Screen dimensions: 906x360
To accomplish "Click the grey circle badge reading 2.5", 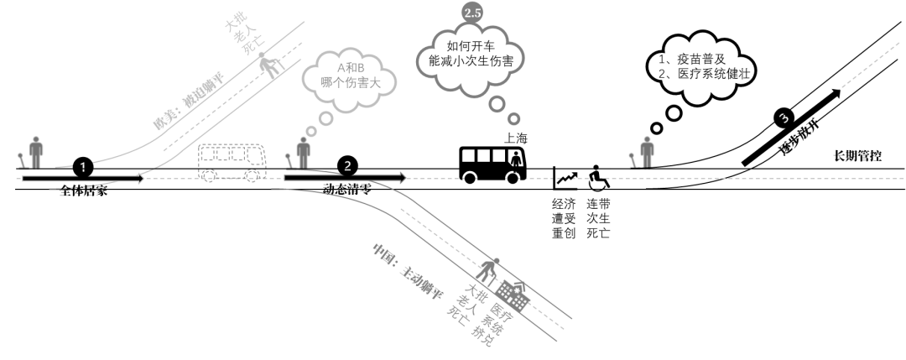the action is [x=472, y=12].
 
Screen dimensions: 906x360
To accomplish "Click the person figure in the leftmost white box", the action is [x=35, y=151].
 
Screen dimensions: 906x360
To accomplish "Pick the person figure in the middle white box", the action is [x=303, y=151].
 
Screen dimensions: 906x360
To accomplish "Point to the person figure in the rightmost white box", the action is [x=647, y=151].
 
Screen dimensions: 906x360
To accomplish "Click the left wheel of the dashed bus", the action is [x=210, y=176].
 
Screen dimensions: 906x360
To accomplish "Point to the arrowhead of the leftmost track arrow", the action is [x=140, y=178].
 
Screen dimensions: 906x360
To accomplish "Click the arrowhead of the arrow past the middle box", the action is [x=403, y=178].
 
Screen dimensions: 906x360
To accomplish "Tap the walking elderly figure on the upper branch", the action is [x=269, y=65].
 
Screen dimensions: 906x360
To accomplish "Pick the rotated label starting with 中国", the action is [x=407, y=277].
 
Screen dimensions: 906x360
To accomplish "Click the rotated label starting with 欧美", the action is [x=186, y=102].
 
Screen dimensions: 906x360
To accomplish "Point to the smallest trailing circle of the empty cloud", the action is [x=513, y=119].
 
